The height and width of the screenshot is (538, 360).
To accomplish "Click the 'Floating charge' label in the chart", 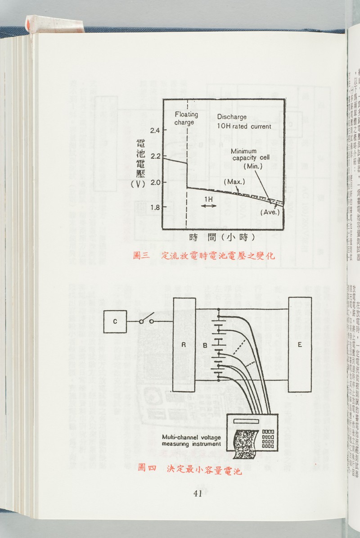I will [186, 118].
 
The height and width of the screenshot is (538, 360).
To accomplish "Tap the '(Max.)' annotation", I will [234, 182].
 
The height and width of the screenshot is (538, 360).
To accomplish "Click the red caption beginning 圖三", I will [204, 256].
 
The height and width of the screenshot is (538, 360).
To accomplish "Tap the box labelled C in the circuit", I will [115, 321].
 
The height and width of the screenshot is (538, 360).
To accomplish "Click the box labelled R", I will [184, 345].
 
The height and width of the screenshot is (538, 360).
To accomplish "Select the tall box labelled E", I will [301, 344].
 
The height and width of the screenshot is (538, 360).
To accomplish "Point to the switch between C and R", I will [146, 321].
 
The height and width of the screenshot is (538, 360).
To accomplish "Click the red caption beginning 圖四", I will [190, 467].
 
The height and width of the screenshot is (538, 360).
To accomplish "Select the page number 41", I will [197, 493].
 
